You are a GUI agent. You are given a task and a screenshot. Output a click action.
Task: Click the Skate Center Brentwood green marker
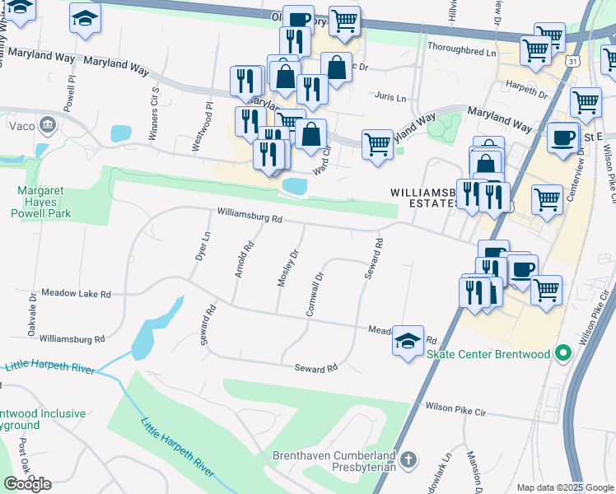tap(563, 354)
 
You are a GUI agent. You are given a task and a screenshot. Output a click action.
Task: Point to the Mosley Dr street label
tap(286, 266)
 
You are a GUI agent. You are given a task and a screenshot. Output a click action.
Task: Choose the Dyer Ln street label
tap(203, 245)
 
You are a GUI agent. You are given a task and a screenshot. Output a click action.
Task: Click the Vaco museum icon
tap(49, 125)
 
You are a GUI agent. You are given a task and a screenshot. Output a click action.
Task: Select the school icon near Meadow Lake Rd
tap(408, 341)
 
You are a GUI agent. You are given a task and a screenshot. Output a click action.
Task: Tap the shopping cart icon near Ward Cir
tap(377, 144)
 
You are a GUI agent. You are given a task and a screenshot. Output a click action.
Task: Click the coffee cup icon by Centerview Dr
tap(563, 137)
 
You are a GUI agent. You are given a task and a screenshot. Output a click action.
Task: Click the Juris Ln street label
tap(390, 97)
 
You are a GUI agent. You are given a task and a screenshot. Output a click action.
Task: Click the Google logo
tap(27, 483)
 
